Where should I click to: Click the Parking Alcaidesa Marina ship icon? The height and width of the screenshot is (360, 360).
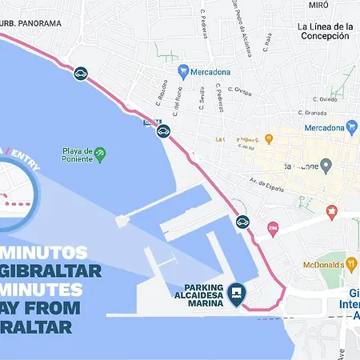(x=236, y=294)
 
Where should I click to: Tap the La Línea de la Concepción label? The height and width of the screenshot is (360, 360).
(x=323, y=31)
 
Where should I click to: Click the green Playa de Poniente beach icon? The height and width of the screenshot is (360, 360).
(x=101, y=150)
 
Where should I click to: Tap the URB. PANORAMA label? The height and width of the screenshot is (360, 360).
(x=30, y=23)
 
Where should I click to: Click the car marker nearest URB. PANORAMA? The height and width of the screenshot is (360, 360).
(x=81, y=74)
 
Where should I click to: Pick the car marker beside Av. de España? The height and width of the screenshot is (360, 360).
(x=242, y=221)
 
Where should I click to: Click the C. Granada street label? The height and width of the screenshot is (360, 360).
(x=310, y=113)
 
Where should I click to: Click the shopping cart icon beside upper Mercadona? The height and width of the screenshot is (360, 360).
(x=183, y=70)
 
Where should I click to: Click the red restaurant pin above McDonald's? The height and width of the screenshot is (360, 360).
(x=332, y=212)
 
